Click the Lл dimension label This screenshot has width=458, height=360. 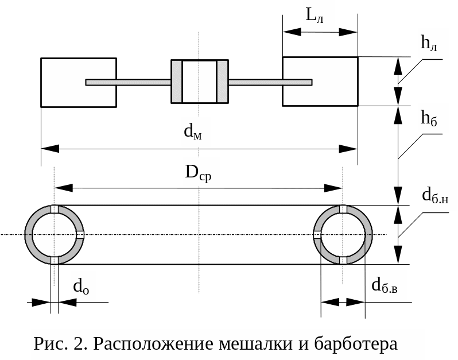click(314, 16)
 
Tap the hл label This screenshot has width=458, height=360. click(428, 43)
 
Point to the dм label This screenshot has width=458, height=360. click(193, 132)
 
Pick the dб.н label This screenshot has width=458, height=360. click(434, 195)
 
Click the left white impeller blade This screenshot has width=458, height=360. click(78, 82)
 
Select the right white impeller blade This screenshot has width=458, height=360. click(320, 82)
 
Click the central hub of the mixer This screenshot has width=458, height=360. click(199, 82)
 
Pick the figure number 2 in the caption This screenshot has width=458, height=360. click(79, 344)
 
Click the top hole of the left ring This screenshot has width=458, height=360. click(55, 209)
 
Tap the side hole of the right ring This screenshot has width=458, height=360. click(317, 234)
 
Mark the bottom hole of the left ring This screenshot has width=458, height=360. click(55, 260)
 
